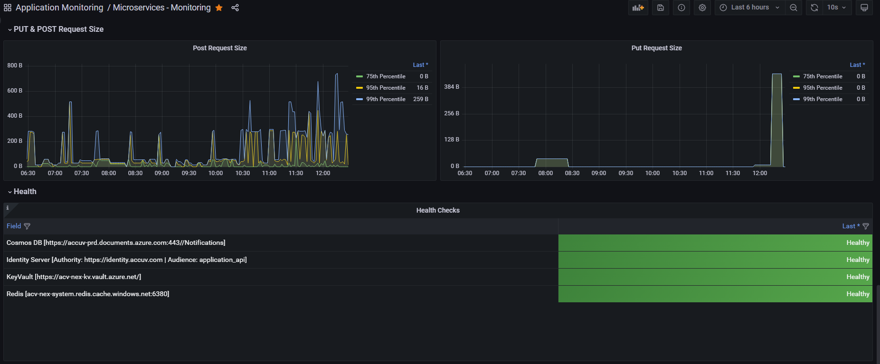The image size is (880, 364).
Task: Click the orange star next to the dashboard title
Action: pyautogui.click(x=219, y=8)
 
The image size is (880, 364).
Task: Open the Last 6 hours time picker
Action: pyautogui.click(x=749, y=8)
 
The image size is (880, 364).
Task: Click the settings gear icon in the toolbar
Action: pyautogui.click(x=702, y=8)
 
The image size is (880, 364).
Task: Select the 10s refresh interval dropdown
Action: pyautogui.click(x=836, y=8)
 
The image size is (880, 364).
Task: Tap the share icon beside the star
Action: pyautogui.click(x=235, y=8)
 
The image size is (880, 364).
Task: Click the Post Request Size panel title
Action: pyautogui.click(x=220, y=48)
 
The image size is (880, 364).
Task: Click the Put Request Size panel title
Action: pyautogui.click(x=657, y=48)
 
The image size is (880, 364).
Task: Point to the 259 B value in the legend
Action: pyautogui.click(x=421, y=99)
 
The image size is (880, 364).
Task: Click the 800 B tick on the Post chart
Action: pyautogui.click(x=15, y=65)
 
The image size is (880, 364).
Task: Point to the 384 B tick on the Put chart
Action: pyautogui.click(x=452, y=87)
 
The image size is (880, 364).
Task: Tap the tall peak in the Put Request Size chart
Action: pyautogui.click(x=777, y=74)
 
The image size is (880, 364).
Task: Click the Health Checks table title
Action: pyautogui.click(x=438, y=210)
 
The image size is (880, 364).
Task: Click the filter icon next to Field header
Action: pyautogui.click(x=27, y=226)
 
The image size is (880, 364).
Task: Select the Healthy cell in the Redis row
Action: pyautogui.click(x=715, y=294)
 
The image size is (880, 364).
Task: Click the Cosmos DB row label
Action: pyautogui.click(x=116, y=243)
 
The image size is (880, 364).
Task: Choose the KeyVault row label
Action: pyautogui.click(x=74, y=277)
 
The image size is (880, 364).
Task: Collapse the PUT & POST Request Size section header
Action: pyautogui.click(x=56, y=29)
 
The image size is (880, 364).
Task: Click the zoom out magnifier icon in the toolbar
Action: pyautogui.click(x=794, y=8)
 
